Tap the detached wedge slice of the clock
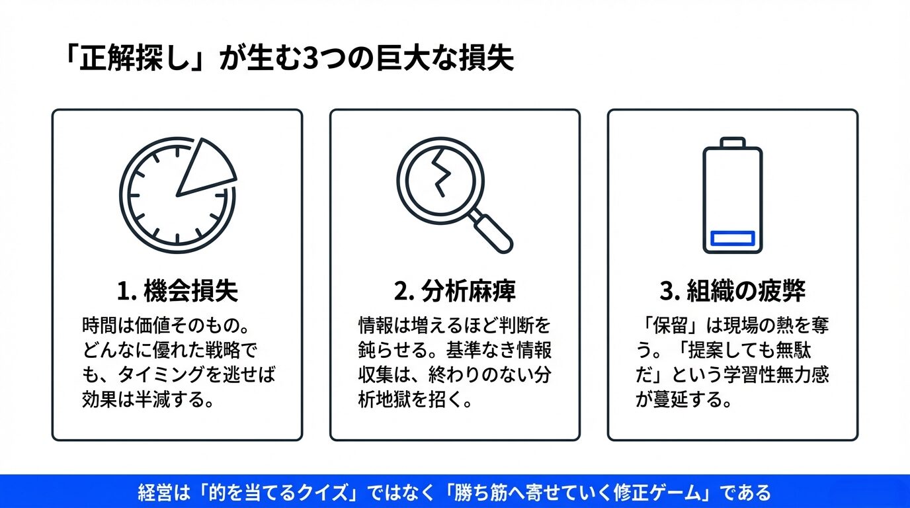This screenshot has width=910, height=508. pos(205,169)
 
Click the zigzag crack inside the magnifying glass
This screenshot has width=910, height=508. pos(442,173)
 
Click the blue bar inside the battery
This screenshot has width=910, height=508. pos(733,238)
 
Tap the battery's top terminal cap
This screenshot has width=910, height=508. pos(733,142)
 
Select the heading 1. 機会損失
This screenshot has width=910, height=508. pos(177,290)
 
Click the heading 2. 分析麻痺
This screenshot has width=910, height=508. pos(454,290)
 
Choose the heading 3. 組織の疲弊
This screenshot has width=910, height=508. pos(733,290)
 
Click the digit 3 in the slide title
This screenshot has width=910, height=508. pos(311,58)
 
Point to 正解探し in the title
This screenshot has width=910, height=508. pos(134,58)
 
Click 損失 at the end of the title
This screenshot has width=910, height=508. pos(486,58)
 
